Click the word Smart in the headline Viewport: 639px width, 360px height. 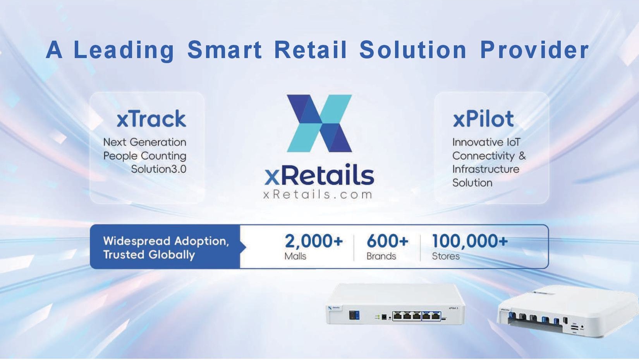tap(225, 50)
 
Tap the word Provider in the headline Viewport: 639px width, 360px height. tap(534, 50)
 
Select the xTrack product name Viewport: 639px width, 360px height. tap(151, 118)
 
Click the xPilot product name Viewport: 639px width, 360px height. tap(483, 118)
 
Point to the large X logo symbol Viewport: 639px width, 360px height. tap(319, 123)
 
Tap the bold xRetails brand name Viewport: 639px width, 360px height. tap(319, 175)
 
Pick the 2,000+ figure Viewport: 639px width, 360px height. tap(314, 241)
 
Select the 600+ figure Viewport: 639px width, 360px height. tap(387, 241)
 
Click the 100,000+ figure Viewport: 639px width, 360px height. tap(470, 241)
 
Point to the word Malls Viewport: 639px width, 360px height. tap(295, 256)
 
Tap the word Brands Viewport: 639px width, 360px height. tap(381, 256)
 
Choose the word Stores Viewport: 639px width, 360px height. tap(446, 256)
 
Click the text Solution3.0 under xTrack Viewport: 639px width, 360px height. tap(159, 169)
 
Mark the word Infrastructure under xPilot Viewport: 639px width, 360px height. tap(486, 169)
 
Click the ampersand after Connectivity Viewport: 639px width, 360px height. tap(522, 156)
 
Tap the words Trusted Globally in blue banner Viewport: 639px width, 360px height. tap(149, 255)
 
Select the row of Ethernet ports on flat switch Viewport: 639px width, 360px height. tap(416, 316)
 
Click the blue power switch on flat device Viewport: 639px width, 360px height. tap(354, 315)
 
